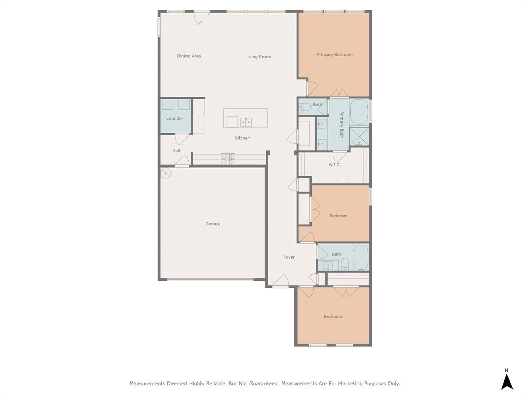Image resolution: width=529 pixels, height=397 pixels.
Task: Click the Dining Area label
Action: tap(189, 56)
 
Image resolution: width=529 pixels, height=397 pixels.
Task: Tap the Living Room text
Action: tap(258, 57)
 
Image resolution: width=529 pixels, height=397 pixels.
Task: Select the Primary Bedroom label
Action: tap(334, 54)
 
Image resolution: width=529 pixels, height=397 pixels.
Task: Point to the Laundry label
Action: tap(175, 118)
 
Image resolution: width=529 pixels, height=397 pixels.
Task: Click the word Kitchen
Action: tap(242, 138)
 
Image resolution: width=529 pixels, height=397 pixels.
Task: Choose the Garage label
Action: tap(212, 224)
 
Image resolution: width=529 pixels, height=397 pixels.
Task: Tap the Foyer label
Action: tap(289, 257)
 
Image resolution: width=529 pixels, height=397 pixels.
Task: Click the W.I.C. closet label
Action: tap(334, 165)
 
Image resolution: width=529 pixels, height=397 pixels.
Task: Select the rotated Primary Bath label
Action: tap(341, 124)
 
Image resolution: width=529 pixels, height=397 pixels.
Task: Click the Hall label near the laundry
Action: tap(176, 150)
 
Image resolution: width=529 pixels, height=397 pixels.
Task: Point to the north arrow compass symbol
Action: tap(507, 379)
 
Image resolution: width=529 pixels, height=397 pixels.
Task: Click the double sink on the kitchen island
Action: tap(245, 122)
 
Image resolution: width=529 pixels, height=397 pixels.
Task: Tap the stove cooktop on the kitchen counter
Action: tap(228, 159)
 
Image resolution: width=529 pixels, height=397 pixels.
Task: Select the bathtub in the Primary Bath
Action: tap(359, 112)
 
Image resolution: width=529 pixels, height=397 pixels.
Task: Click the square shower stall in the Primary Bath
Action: tap(359, 137)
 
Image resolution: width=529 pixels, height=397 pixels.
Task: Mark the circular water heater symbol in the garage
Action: tap(166, 173)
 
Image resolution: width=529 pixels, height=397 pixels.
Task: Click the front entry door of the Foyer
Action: tap(281, 281)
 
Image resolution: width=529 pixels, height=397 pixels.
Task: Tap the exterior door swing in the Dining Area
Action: tap(202, 17)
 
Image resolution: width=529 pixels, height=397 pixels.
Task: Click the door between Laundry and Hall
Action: tap(182, 139)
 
